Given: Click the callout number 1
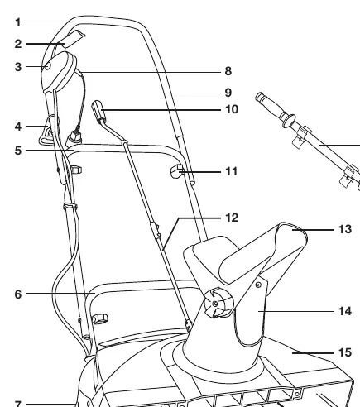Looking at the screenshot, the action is coord(18,22).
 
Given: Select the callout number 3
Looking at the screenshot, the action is coord(18,67).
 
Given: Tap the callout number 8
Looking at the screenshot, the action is coord(228,71).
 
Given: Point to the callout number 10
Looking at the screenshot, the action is coord(232,109).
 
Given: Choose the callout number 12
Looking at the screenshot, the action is coord(232,218).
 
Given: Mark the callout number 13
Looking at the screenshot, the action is coord(345,229).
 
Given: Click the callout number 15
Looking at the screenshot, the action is coord(345,352).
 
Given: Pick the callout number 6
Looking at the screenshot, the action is coord(18,294).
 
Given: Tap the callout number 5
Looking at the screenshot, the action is coord(18,151).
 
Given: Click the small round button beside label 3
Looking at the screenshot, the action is coord(48,66).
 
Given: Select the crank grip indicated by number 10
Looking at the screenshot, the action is coord(98,111).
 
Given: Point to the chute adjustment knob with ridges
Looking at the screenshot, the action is coord(218,303).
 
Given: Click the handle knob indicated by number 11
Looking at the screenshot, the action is coord(177,171).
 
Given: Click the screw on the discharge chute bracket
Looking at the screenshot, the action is coord(258,285).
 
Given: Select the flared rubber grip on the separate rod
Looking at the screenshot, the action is coord(274,109).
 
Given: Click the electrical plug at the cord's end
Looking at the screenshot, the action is coord(74,137).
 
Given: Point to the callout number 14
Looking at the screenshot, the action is coord(345,311).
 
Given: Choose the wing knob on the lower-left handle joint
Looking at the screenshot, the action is coord(100,319).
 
